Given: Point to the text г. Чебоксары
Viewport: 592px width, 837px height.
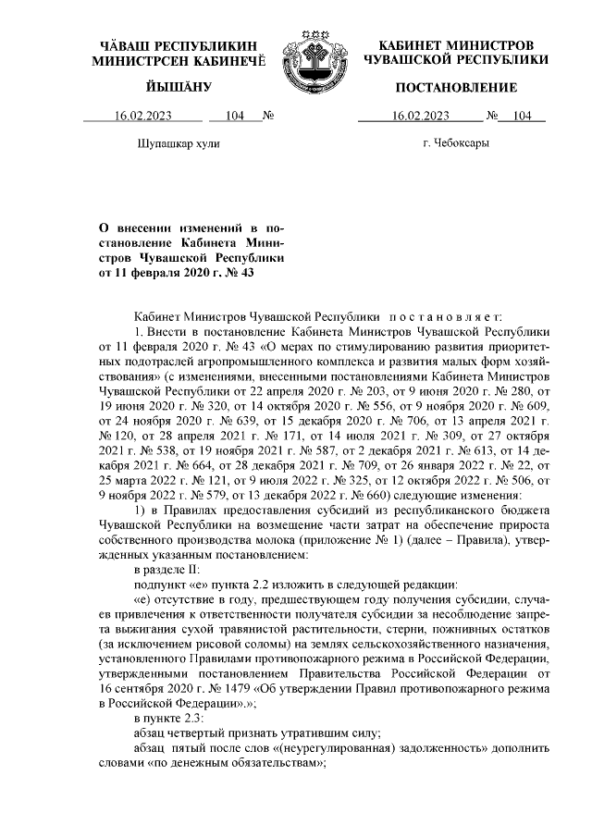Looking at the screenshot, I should (x=456, y=144).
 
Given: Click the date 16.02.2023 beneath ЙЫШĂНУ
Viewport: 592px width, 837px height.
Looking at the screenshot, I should (x=144, y=117).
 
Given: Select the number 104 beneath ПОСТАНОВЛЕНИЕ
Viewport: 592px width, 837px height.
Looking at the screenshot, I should (x=523, y=117).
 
